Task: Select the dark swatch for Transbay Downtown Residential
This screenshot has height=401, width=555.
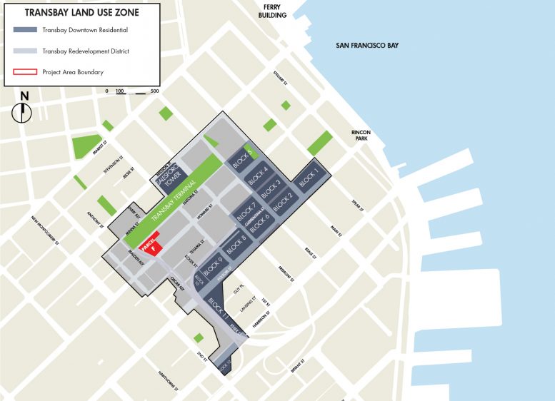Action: (27, 31)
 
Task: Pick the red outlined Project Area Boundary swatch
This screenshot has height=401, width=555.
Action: (27, 71)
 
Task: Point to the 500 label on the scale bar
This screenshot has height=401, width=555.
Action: (154, 91)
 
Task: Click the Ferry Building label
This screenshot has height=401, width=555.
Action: (275, 11)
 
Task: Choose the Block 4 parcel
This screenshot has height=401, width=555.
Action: (257, 176)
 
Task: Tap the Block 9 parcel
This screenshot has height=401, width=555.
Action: (213, 267)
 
